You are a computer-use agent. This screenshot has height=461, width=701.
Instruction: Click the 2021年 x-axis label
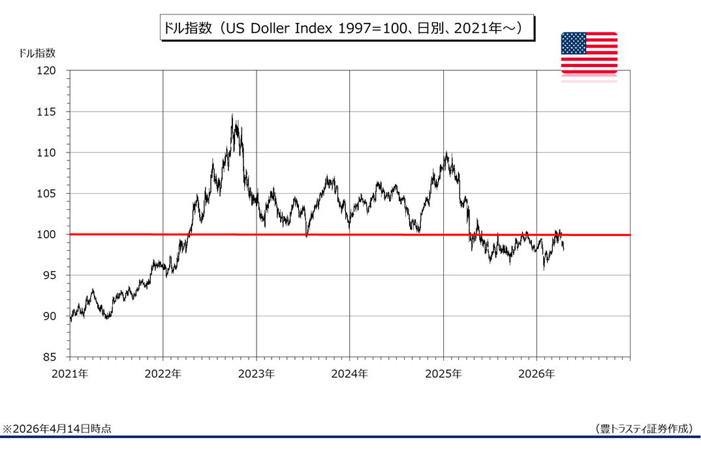click(x=70, y=374)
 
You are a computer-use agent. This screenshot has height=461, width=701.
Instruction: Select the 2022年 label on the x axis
click(x=163, y=374)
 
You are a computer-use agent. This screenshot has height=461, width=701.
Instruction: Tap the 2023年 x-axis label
click(x=257, y=374)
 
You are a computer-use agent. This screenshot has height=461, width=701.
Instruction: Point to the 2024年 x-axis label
click(x=350, y=374)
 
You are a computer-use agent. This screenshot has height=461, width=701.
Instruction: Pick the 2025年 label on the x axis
click(x=443, y=374)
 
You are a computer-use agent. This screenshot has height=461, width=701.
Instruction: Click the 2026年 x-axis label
click(x=537, y=374)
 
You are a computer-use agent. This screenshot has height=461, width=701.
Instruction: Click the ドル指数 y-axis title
click(x=37, y=53)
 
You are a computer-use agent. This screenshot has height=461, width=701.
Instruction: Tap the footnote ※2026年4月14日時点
click(x=57, y=428)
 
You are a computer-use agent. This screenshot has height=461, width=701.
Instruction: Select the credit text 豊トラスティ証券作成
click(x=644, y=428)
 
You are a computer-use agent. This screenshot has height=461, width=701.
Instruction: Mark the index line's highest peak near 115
click(x=232, y=115)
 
